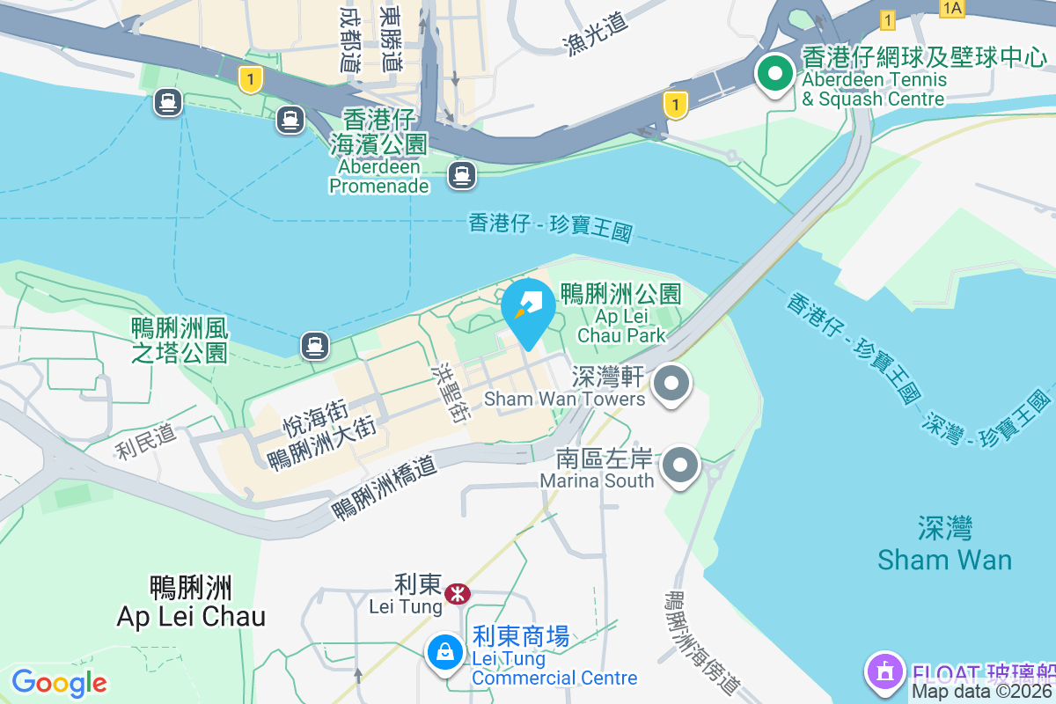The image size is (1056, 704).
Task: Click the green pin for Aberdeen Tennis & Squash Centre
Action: coord(775,75)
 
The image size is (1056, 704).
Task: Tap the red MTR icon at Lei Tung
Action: coord(457,594)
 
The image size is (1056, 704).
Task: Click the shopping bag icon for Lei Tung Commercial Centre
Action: coord(445,653)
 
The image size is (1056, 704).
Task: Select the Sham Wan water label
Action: coord(945,545)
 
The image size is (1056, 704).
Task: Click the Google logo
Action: coord(60,683)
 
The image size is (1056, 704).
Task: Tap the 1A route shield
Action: coord(952,9)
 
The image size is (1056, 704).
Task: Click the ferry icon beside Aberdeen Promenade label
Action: coord(461,175)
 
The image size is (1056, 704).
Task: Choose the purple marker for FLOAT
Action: coord(884,672)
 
